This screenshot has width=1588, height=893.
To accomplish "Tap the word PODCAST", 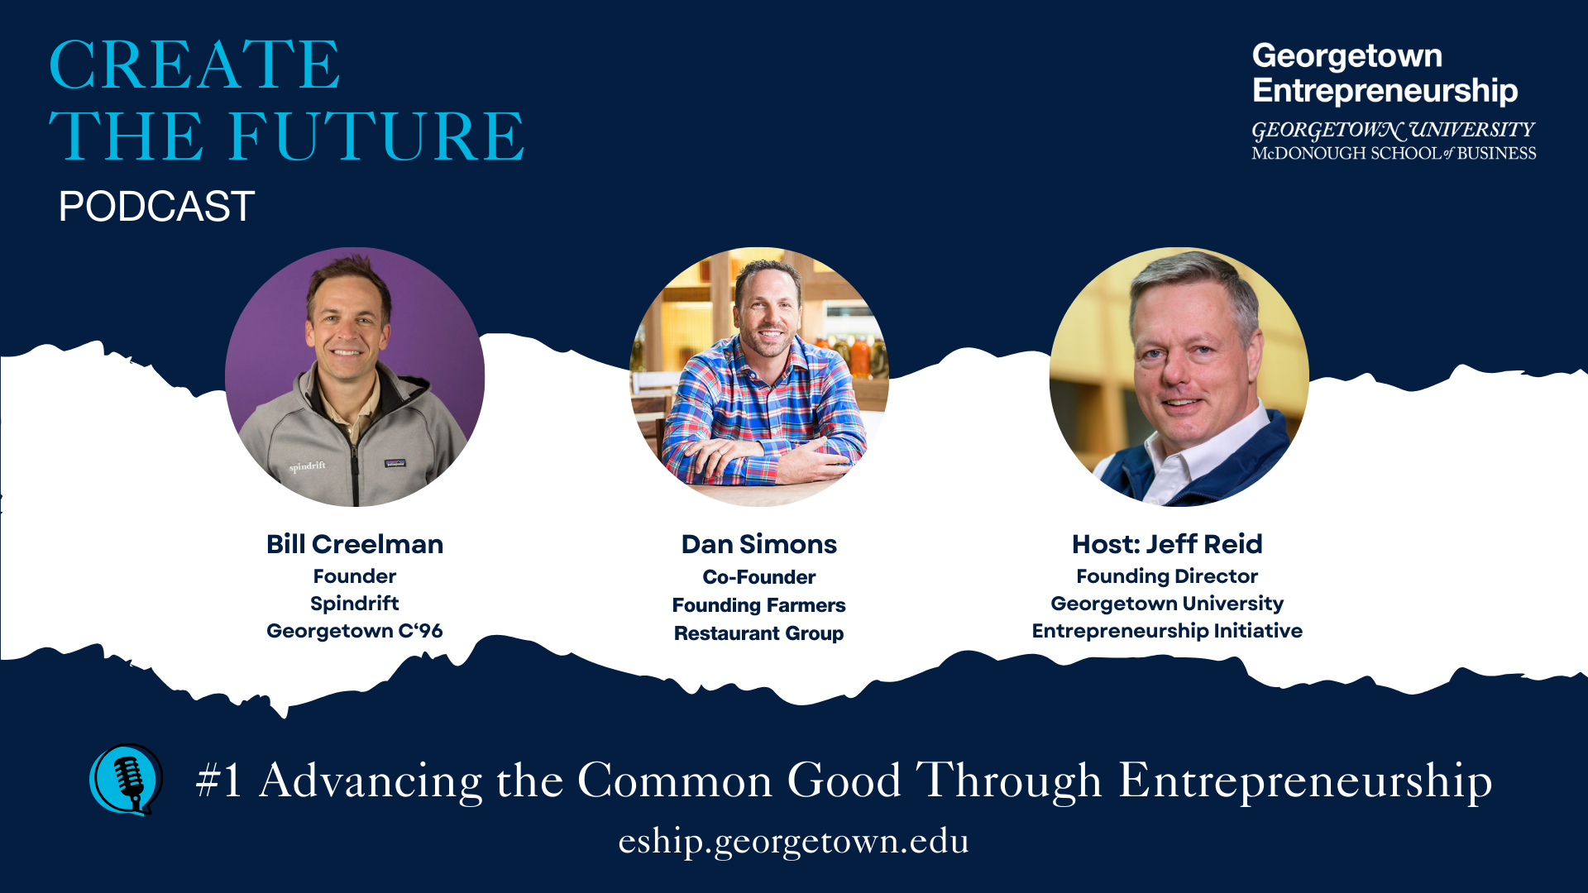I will [x=156, y=207].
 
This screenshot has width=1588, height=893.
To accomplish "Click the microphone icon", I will [x=127, y=779].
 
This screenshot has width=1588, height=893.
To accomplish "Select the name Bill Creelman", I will [x=355, y=544].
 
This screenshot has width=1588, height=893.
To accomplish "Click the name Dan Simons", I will [x=758, y=544].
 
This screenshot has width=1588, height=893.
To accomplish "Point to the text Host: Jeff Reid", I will [x=1166, y=544].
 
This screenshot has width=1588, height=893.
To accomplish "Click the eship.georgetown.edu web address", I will [x=793, y=841].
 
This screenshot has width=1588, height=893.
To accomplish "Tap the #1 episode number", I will [x=219, y=780].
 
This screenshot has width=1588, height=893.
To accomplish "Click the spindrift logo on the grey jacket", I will [x=307, y=467].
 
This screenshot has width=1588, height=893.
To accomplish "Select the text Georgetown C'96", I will [x=355, y=631].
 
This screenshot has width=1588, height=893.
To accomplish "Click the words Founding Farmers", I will [x=758, y=605].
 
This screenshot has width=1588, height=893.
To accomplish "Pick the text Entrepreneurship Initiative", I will [x=1166, y=631].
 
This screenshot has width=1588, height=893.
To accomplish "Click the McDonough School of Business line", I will [x=1394, y=154].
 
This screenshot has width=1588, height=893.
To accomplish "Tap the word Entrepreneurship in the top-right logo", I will [x=1385, y=91].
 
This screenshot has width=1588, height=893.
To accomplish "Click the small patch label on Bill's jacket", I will [x=395, y=463].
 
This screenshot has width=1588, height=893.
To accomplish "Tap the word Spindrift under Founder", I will [x=355, y=604].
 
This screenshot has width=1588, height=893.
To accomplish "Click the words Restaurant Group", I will [x=758, y=633].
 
